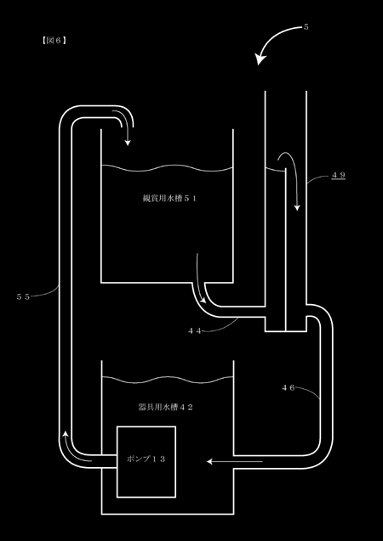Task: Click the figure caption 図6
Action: coord(54,41)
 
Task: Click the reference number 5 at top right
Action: coord(306,27)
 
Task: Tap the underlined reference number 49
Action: coord(339,175)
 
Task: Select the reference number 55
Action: coord(23,296)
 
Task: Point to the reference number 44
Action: coord(195,330)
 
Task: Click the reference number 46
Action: coord(288,387)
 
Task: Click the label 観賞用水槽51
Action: coord(169,199)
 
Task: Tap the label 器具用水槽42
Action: coord(165,407)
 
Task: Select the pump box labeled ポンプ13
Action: coord(146,462)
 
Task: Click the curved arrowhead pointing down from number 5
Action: coord(260,59)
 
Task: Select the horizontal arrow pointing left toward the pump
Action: coord(234,461)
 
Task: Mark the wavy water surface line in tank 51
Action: coord(167,168)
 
